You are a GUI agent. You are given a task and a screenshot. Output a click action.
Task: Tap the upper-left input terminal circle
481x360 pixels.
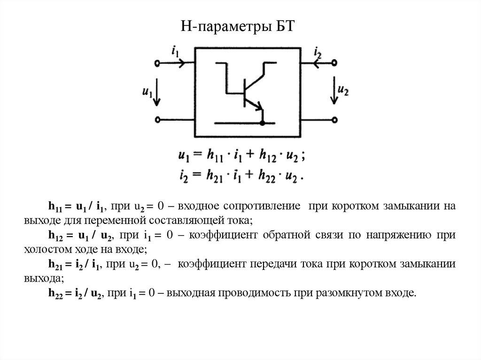click(x=157, y=63)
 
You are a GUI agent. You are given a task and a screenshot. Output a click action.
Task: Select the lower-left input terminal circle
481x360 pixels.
click(x=157, y=120)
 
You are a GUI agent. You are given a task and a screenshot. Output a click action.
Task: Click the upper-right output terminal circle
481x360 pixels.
click(x=334, y=63)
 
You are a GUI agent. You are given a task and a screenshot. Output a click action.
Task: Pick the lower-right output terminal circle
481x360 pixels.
click(x=334, y=120)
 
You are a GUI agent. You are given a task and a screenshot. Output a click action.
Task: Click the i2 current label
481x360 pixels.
click(x=318, y=51)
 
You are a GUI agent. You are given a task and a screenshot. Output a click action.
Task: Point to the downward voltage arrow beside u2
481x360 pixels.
click(x=334, y=92)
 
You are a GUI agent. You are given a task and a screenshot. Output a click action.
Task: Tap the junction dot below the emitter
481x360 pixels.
click(x=262, y=123)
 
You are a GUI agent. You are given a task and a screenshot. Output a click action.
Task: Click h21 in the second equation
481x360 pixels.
click(x=214, y=176)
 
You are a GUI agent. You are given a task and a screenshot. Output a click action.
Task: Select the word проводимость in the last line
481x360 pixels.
click(x=255, y=293)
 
